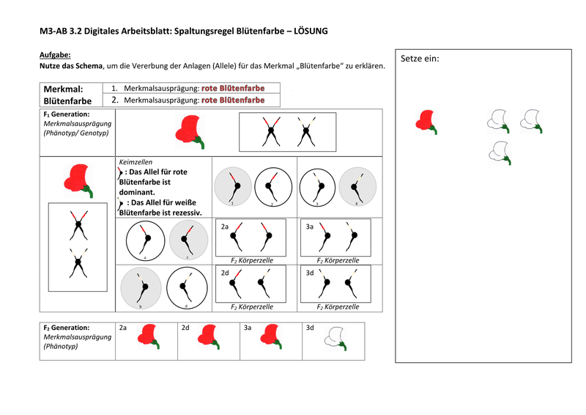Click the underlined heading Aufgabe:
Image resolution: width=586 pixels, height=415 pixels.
pos(55,55)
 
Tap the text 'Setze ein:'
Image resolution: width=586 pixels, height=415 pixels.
pos(420,59)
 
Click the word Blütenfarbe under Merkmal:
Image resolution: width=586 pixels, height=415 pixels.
pos(67,101)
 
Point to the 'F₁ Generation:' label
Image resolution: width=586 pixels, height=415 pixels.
pos(67,114)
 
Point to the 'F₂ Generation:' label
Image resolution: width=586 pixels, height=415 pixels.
pos(67,328)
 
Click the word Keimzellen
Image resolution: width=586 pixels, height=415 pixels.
pos(136,161)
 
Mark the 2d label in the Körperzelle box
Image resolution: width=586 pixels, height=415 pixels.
pos(226,271)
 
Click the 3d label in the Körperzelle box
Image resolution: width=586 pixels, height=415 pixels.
pos(310,271)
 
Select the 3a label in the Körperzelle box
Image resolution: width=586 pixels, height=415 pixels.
pos(310,227)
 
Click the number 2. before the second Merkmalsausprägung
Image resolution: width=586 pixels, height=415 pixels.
pos(115,100)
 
